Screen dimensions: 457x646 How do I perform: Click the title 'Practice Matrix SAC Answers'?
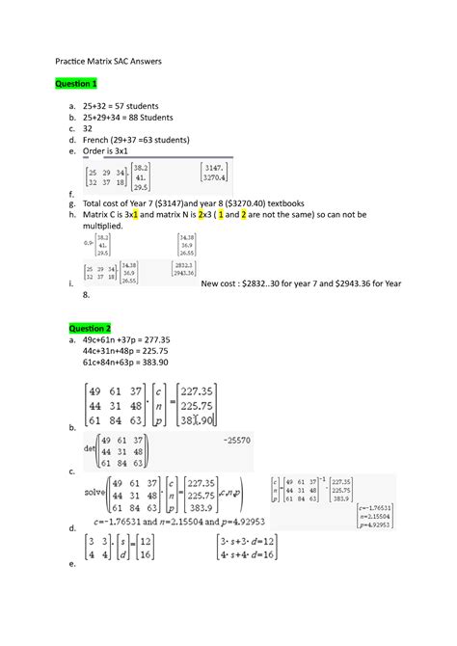pos(107,61)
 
